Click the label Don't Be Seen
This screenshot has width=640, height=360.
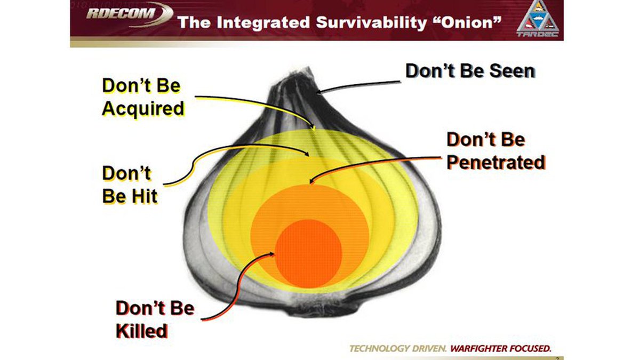[x=470, y=71]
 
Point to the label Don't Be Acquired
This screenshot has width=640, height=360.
[x=142, y=97]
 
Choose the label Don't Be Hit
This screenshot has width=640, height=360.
[x=130, y=185]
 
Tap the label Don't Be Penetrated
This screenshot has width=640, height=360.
[x=495, y=151]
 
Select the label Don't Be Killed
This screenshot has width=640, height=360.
[x=155, y=319]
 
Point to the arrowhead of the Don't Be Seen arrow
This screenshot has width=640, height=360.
[x=318, y=93]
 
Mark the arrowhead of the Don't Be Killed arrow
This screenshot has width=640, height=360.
[x=275, y=253]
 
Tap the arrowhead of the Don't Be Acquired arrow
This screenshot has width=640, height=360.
[x=314, y=129]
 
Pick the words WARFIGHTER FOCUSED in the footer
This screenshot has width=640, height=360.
[x=500, y=349]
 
